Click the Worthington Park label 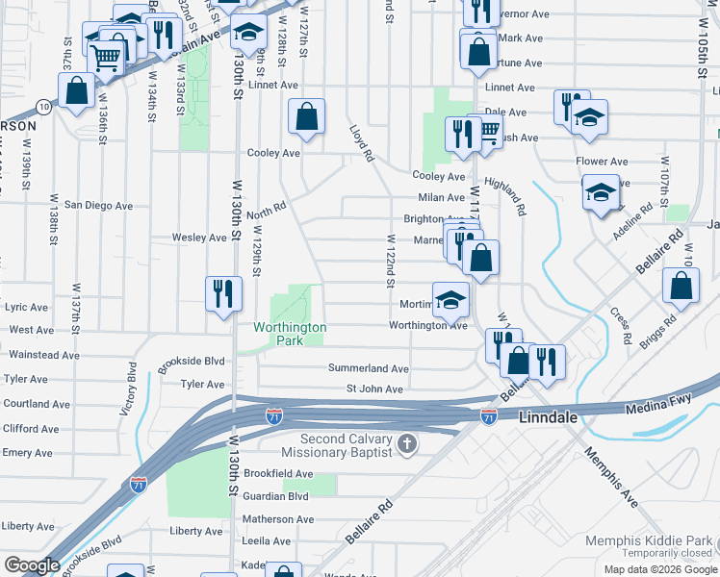pyautogui.click(x=290, y=334)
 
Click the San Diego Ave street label pyautogui.click(x=98, y=206)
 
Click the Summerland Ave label pyautogui.click(x=368, y=368)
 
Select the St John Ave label pyautogui.click(x=374, y=389)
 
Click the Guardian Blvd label pyautogui.click(x=276, y=496)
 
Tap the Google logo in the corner pyautogui.click(x=31, y=565)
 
